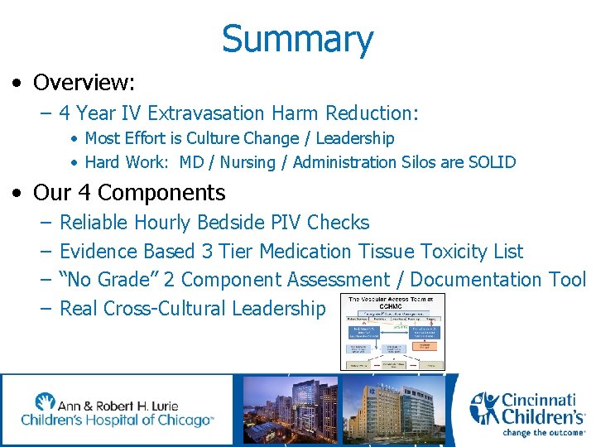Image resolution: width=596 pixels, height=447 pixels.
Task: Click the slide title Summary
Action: pos(297,39)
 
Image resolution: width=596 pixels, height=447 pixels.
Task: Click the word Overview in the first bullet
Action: pos(81,83)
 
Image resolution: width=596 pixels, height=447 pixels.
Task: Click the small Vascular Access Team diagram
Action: pos(392,331)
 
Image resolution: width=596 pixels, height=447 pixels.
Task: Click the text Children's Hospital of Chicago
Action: pos(117,421)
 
